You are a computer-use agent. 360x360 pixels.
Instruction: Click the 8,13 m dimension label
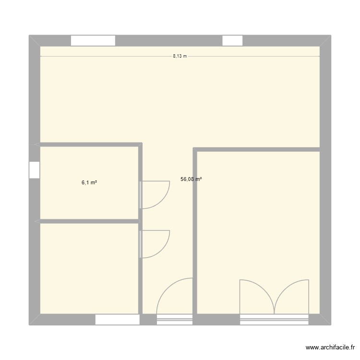point(180,56)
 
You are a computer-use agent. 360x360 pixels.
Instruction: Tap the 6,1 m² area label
point(89,183)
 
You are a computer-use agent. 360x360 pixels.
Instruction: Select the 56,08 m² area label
point(191,180)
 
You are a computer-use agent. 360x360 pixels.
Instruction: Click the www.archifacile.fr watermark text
point(329,348)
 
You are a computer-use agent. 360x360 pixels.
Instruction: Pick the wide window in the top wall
point(93,40)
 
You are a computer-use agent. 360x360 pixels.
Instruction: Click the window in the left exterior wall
point(34,170)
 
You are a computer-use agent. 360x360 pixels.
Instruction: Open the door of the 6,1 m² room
point(155,194)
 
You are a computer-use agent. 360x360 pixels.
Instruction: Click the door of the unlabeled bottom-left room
point(155,244)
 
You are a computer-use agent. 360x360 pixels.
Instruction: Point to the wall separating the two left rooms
point(89,221)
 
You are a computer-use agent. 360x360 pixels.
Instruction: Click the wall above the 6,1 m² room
point(89,144)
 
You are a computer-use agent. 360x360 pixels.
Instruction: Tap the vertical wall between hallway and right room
point(195,230)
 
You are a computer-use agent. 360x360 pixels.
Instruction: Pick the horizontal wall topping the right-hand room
point(257,150)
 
